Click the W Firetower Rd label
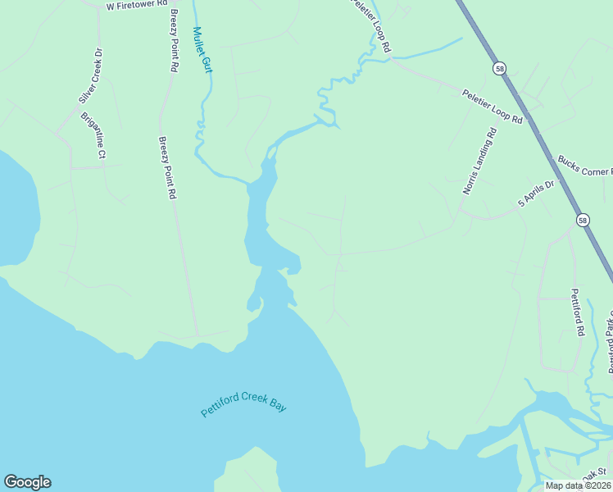pyautogui.click(x=137, y=5)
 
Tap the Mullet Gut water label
pyautogui.click(x=202, y=50)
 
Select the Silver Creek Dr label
pyautogui.click(x=91, y=75)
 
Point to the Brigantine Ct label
pyautogui.click(x=93, y=136)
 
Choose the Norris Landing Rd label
pyautogui.click(x=479, y=161)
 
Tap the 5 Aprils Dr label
pyautogui.click(x=536, y=194)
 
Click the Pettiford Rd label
pyautogui.click(x=577, y=312)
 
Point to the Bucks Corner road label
pyautogui.click(x=584, y=166)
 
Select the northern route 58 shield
pyautogui.click(x=499, y=68)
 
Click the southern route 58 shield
pyautogui.click(x=582, y=220)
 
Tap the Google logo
pyautogui.click(x=27, y=482)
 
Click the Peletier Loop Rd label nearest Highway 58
pyautogui.click(x=492, y=107)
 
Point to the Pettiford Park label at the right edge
pyautogui.click(x=609, y=340)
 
